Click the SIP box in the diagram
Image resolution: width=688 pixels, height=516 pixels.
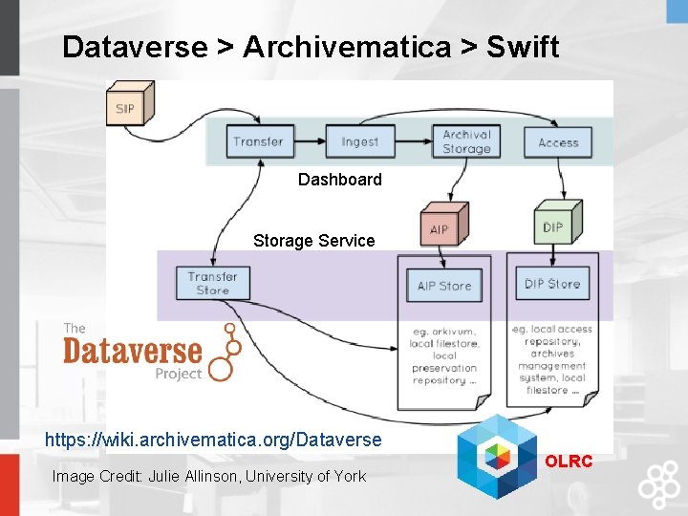coord(125,107)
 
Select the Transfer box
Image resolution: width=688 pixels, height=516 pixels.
coord(258,141)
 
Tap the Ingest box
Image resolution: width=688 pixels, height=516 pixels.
coord(359,141)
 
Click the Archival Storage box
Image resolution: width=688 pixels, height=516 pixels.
coord(466,141)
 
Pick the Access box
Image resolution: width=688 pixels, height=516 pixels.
coord(558,141)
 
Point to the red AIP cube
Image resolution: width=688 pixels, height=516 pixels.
coord(440,227)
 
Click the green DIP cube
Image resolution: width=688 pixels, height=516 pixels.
coord(554,225)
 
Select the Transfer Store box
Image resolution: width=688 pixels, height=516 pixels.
coord(212,283)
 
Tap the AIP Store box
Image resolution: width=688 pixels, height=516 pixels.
coord(444,286)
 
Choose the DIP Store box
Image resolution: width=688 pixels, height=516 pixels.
coord(552,284)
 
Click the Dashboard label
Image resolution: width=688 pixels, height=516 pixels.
coord(339,180)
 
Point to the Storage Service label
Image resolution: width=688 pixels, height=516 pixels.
coord(313,241)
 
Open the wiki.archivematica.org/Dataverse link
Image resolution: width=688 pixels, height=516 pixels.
coord(213,440)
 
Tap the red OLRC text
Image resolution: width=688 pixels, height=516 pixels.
coord(569,462)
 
